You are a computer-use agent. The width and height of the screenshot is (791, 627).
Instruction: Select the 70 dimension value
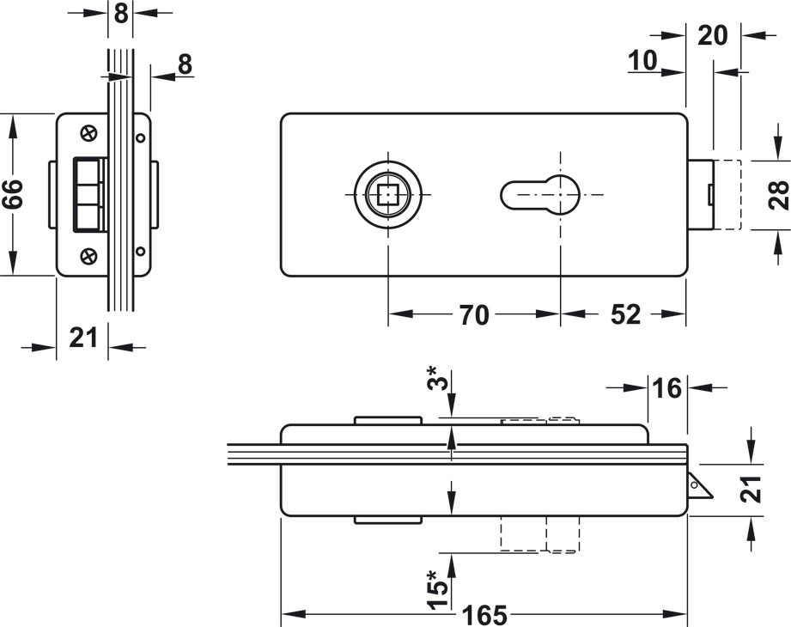click(x=473, y=315)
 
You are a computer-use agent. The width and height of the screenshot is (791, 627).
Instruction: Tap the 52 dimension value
click(x=626, y=315)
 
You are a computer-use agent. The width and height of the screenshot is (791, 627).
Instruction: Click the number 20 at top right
click(x=713, y=35)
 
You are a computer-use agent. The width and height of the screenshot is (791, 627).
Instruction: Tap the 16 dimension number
click(x=666, y=388)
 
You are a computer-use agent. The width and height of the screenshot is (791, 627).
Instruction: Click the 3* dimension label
click(x=439, y=380)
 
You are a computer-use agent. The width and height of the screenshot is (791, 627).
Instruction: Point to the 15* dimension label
click(x=439, y=584)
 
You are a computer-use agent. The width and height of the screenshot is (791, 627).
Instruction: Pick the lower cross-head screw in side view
click(x=89, y=256)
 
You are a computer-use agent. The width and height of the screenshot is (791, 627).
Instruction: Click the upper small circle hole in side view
click(x=140, y=137)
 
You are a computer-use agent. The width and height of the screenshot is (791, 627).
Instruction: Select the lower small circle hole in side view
click(x=140, y=252)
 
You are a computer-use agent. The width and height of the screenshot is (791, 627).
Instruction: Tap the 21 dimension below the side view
click(x=83, y=338)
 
